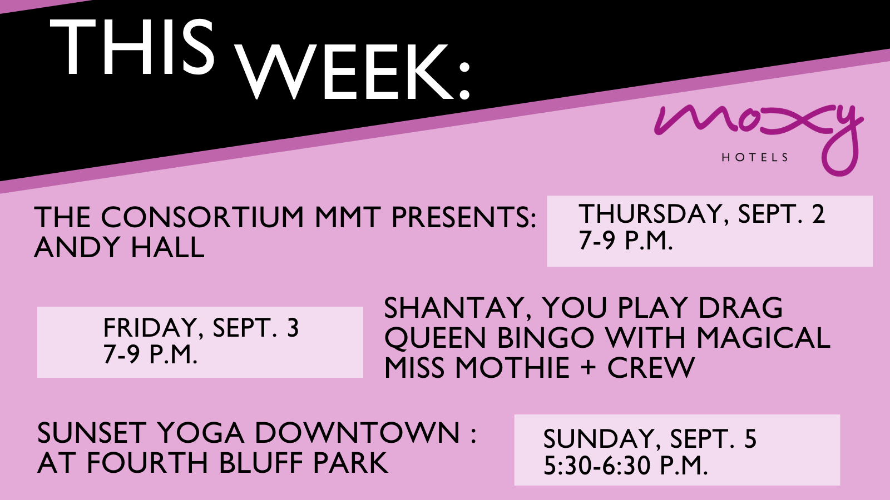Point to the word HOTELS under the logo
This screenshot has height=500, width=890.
click(x=755, y=158)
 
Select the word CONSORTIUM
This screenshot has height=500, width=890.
click(x=202, y=217)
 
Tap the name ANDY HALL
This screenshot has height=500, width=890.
click(x=119, y=247)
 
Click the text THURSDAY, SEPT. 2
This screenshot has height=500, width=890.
click(x=701, y=214)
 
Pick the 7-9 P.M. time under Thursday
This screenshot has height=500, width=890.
click(x=626, y=239)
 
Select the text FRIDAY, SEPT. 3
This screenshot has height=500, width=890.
click(x=201, y=327)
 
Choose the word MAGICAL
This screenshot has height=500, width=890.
click(x=763, y=337)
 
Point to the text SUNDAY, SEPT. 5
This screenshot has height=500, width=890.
click(x=650, y=438)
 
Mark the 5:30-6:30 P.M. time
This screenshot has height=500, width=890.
click(x=626, y=465)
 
